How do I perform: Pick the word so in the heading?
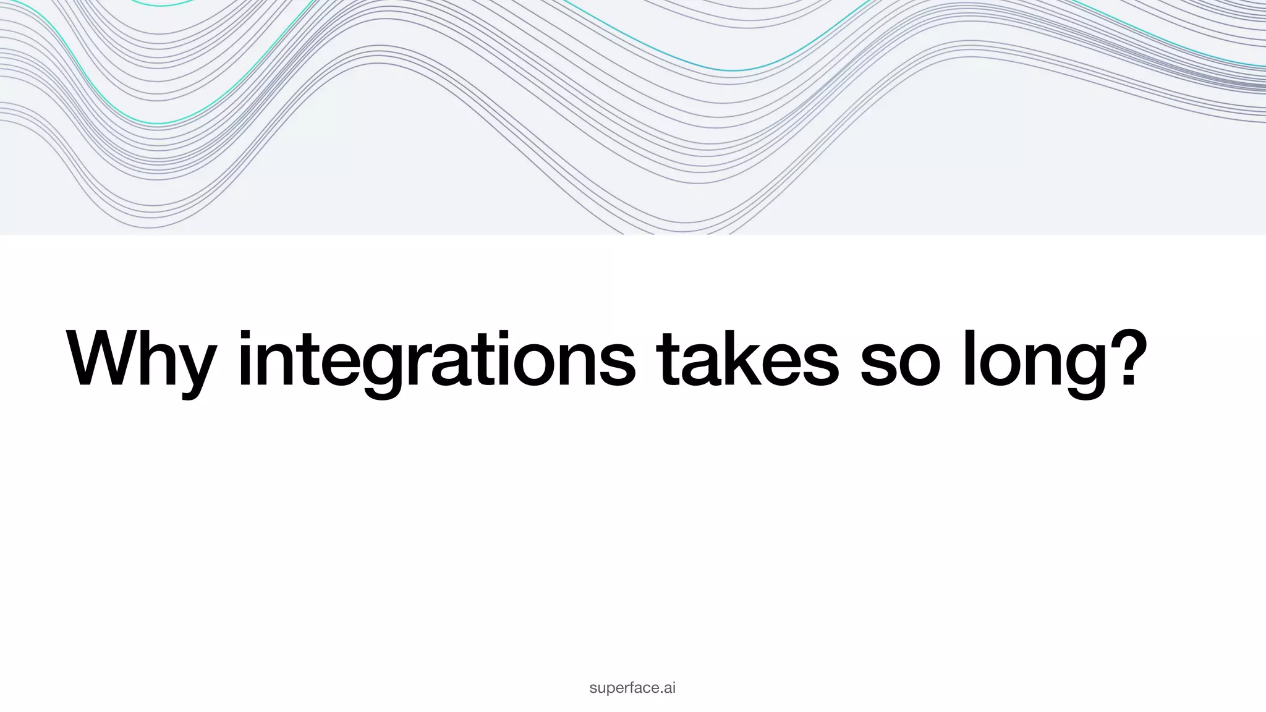900,365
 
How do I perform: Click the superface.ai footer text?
632,688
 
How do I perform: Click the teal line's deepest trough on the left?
158,124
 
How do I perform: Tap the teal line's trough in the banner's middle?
733,70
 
